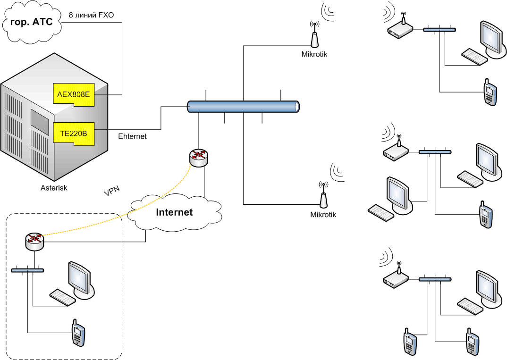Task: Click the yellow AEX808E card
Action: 73,93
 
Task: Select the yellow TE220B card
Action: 73,134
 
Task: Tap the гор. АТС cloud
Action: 32,22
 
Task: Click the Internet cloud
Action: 174,212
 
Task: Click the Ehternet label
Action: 132,136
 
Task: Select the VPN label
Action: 111,191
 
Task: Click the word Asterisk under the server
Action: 54,188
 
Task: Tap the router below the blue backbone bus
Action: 198,157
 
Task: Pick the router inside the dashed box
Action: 34,242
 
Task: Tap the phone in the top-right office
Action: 490,92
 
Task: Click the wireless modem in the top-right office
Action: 400,30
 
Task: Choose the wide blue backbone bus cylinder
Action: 243,107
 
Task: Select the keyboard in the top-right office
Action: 474,57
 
